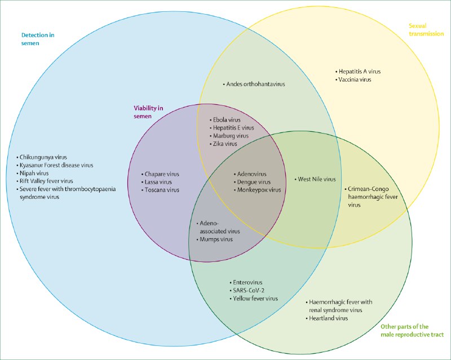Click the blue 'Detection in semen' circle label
tap(38, 39)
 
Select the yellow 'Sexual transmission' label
tap(426, 30)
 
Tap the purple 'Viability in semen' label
tap(148, 112)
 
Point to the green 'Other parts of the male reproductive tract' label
tap(412, 331)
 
